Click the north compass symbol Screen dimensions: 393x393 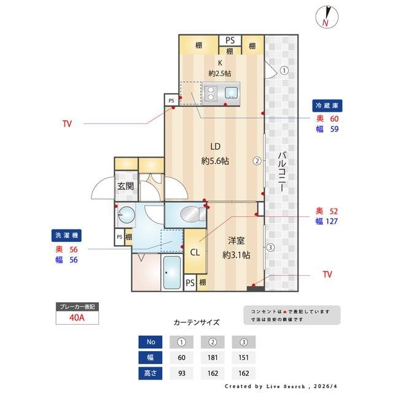[x=325, y=17]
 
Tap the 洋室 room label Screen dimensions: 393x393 [x=236, y=247]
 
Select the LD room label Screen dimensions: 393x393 [x=216, y=154]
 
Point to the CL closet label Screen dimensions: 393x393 [x=195, y=252]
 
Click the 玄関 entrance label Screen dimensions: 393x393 [x=126, y=186]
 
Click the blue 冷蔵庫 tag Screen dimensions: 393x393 [x=325, y=105]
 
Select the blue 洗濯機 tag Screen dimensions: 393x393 [x=67, y=235]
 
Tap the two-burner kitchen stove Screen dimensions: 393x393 [x=211, y=93]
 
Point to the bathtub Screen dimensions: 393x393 [x=171, y=272]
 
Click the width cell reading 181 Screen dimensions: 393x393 [x=212, y=357]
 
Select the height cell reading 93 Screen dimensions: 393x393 [x=182, y=373]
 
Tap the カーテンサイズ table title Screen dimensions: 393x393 [x=196, y=322]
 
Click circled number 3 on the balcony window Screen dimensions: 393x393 [x=270, y=247]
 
